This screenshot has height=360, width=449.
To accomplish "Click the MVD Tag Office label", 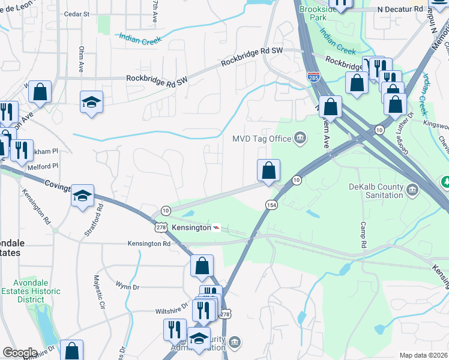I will pos(261,139).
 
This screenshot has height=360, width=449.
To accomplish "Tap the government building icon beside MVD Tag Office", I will pos(299,139).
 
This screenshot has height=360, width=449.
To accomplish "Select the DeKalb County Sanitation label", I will pos(376,191).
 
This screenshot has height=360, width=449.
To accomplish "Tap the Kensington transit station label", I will pos(191,228).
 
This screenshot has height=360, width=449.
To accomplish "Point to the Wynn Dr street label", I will pos(127,287).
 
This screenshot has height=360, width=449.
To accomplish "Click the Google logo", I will pos(20,353).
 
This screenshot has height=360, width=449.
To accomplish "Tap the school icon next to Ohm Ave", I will pos(92,102).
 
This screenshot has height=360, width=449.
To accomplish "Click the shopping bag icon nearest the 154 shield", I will pos(268,170).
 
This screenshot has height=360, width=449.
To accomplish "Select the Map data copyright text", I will pos(423,355).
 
